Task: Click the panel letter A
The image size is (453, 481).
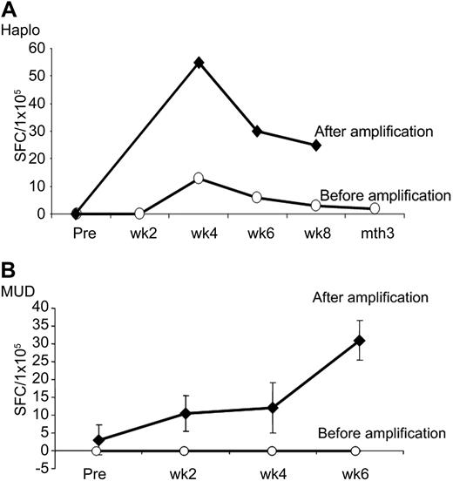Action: [8, 9]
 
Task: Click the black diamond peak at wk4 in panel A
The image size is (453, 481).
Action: [199, 63]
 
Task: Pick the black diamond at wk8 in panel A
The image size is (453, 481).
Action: [316, 145]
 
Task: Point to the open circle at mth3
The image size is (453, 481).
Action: [375, 208]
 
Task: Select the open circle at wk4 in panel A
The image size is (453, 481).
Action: [199, 178]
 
